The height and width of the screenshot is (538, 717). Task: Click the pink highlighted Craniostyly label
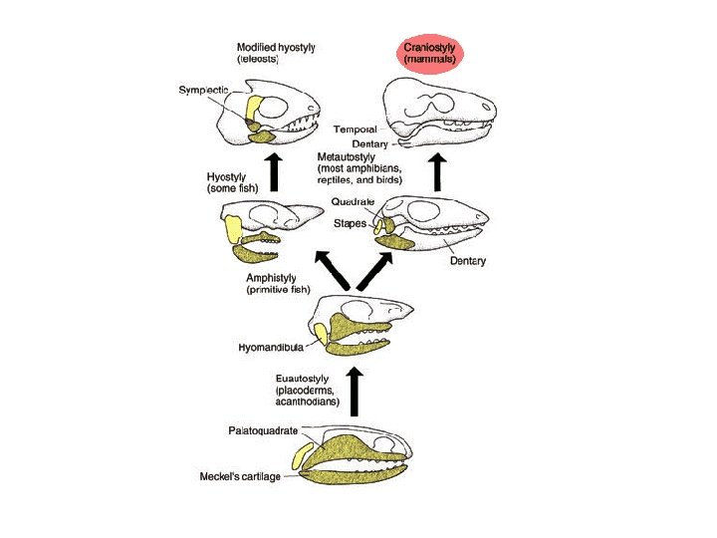pos(430,53)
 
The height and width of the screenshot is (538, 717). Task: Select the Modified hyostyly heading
pos(276,47)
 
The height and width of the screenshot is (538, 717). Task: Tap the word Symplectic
pos(204,91)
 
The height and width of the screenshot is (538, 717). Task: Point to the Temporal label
pos(356,130)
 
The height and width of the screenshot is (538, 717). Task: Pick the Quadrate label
pos(353,202)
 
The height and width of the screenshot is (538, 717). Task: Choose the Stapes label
pos(350,223)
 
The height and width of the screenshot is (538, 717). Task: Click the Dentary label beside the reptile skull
pos(466,261)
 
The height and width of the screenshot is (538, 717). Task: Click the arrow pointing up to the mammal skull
pos(437,170)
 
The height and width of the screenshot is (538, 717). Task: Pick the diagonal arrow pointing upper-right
pos(379,269)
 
